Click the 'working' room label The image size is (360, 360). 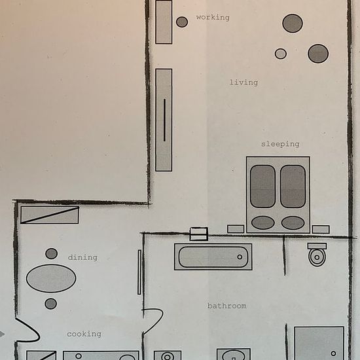(x=213, y=18)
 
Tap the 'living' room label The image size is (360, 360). (x=244, y=82)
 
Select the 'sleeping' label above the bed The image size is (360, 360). (x=280, y=144)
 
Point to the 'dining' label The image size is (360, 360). (x=82, y=258)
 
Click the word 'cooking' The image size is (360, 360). (x=84, y=334)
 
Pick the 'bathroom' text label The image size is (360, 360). (x=227, y=306)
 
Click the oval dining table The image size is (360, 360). (x=51, y=278)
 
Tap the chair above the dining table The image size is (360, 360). (x=52, y=253)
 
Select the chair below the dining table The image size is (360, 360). (x=51, y=304)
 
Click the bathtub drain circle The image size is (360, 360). (x=240, y=257)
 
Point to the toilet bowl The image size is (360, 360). (x=317, y=257)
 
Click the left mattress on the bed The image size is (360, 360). (x=262, y=187)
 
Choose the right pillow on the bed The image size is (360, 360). (x=293, y=223)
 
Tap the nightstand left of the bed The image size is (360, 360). (x=236, y=229)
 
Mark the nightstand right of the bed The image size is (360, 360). (x=321, y=229)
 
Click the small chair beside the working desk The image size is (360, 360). (x=182, y=22)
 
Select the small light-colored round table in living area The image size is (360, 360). (x=281, y=54)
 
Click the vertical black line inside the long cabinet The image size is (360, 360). (x=164, y=120)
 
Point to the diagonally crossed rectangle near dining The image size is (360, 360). (x=50, y=215)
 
